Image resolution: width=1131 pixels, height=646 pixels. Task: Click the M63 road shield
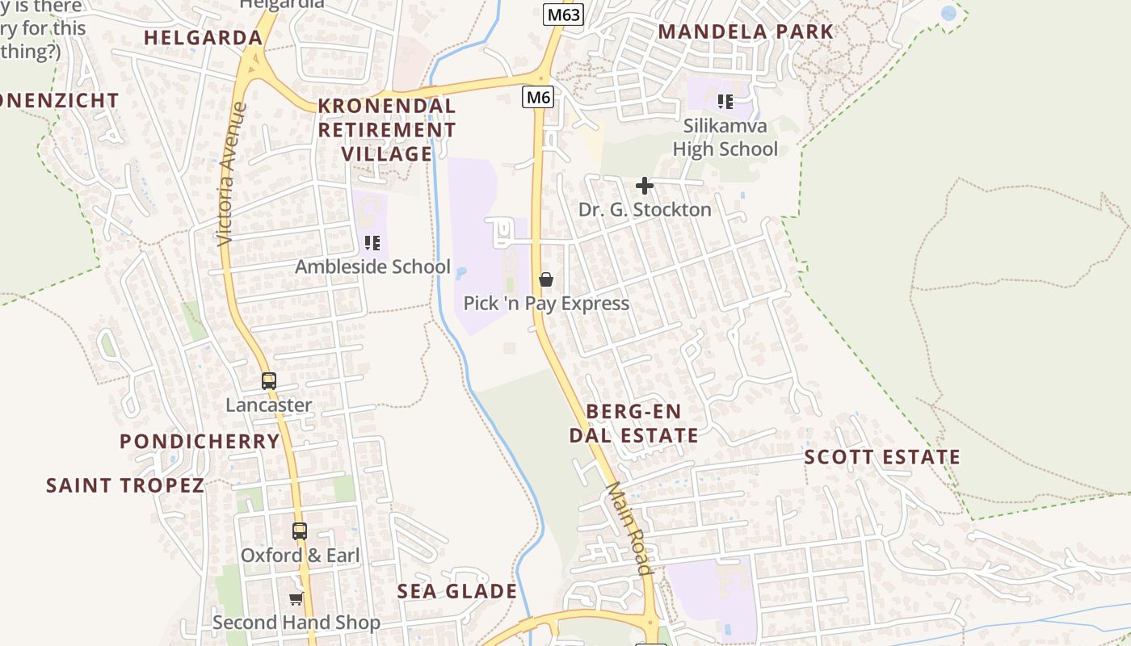562,15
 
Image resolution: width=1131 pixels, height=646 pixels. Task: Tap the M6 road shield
538,98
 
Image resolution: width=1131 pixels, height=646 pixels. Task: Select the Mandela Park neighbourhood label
745,32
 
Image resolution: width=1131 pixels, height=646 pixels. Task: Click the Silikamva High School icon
725,102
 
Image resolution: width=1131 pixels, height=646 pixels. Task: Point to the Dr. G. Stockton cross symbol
644,187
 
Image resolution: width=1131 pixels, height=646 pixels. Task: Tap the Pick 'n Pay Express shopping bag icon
546,280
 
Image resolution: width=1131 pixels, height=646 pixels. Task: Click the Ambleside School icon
372,243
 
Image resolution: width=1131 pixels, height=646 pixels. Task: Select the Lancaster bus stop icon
269,381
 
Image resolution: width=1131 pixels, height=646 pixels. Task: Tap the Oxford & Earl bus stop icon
300,531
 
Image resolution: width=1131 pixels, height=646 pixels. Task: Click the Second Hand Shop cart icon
296,599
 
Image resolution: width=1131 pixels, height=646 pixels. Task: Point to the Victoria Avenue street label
232,174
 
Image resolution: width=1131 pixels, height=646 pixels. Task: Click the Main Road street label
629,528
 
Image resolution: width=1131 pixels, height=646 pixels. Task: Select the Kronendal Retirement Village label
387,129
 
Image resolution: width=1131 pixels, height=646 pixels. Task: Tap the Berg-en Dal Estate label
633,423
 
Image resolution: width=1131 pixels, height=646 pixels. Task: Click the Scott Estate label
882,457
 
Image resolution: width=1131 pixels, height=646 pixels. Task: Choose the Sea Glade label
456,591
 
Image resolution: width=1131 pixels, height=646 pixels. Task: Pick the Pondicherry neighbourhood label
200,442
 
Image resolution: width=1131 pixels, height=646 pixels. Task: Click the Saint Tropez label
125,485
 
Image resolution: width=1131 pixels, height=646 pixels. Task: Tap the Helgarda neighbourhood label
203,37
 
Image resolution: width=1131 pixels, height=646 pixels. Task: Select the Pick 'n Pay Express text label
546,304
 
